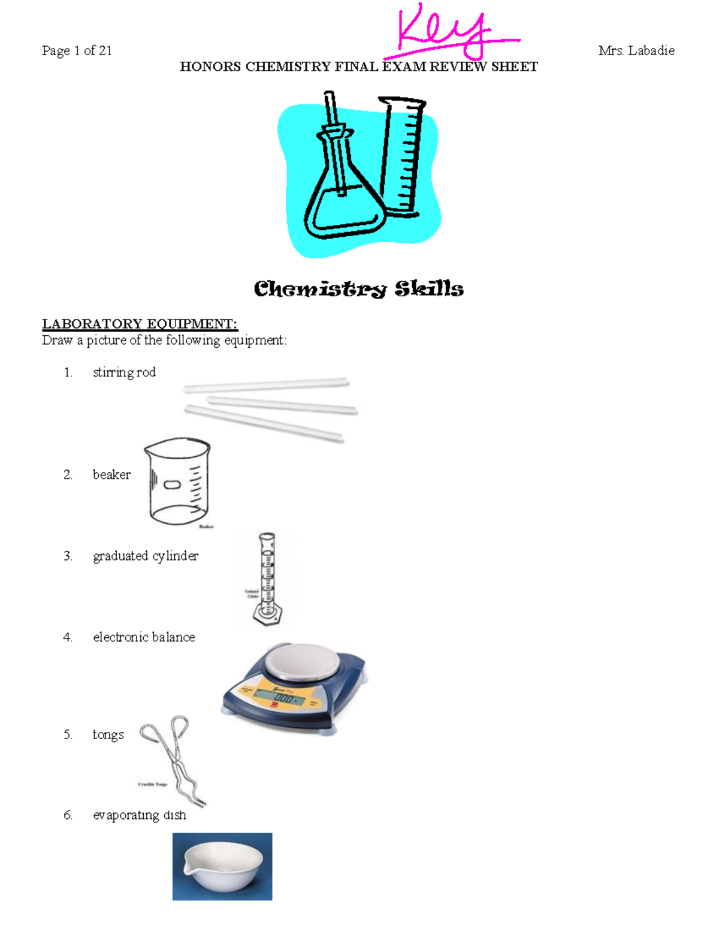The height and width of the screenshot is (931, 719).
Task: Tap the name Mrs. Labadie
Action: click(x=636, y=51)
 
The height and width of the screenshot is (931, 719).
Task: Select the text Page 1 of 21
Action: click(x=77, y=51)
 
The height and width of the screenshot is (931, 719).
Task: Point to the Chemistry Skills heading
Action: click(x=358, y=289)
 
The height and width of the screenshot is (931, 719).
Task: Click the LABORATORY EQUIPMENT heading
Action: click(x=140, y=324)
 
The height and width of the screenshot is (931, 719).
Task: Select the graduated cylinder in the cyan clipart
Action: click(x=403, y=156)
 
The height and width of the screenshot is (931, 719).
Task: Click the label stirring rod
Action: click(x=124, y=372)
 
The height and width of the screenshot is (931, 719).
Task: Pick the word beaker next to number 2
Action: click(x=111, y=475)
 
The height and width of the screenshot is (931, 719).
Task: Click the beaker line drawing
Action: click(x=177, y=481)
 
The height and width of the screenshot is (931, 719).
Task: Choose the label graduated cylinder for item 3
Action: click(x=146, y=556)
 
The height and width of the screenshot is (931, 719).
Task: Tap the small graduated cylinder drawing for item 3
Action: click(x=267, y=579)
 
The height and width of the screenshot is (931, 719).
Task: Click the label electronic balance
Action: click(x=144, y=637)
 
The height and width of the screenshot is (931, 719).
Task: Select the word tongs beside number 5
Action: click(x=108, y=735)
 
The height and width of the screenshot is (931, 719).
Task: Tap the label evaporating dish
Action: click(x=139, y=815)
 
